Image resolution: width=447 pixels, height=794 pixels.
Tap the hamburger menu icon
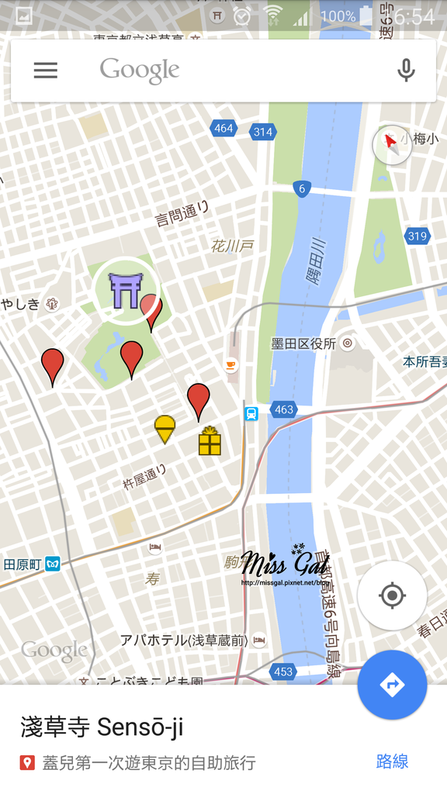[45, 71]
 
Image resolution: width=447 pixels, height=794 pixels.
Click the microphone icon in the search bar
[405, 71]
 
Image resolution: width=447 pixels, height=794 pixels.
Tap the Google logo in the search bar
[140, 71]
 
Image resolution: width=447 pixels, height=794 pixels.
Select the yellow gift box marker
[210, 441]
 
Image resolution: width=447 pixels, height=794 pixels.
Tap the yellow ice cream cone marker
[165, 429]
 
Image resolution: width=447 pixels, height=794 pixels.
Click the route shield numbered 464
[223, 129]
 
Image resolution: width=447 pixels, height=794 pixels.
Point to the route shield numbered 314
[263, 132]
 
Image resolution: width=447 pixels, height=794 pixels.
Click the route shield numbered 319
[418, 236]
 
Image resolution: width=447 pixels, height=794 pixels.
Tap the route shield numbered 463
[283, 409]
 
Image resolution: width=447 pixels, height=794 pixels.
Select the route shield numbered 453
[283, 671]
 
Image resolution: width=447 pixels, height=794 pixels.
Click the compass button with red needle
[392, 144]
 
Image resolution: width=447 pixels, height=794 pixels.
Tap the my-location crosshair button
[392, 595]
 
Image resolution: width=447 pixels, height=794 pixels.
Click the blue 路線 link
[392, 761]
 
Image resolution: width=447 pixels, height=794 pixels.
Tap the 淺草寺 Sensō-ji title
[101, 727]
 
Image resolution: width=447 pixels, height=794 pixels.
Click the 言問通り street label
[183, 213]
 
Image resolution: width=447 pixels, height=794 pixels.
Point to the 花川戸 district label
[232, 247]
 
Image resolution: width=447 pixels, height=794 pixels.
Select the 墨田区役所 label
[303, 343]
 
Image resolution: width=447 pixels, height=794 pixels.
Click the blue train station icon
[251, 413]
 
